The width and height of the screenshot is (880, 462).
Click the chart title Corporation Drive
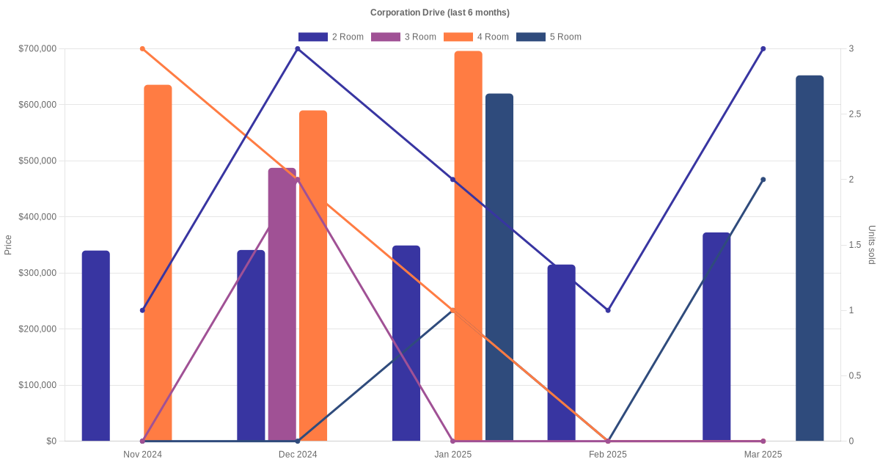[439, 12]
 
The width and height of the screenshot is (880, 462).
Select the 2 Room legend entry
[331, 37]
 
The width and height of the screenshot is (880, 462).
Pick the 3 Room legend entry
[403, 37]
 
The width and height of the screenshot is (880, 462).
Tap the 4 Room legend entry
[476, 37]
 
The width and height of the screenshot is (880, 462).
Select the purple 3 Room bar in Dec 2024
[282, 304]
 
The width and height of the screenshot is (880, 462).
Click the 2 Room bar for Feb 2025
[561, 353]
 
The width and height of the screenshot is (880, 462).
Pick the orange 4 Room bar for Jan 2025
[468, 246]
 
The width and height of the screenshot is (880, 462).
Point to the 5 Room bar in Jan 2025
[499, 267]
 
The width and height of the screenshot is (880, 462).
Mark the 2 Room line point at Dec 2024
[298, 49]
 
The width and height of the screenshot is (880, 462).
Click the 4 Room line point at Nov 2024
[142, 49]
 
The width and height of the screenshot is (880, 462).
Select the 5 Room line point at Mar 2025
[763, 180]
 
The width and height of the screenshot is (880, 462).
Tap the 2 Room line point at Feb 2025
[608, 310]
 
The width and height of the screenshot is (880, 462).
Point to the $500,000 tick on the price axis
[37, 161]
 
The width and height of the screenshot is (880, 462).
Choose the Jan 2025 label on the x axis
[452, 455]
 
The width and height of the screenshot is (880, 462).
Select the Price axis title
[8, 245]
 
